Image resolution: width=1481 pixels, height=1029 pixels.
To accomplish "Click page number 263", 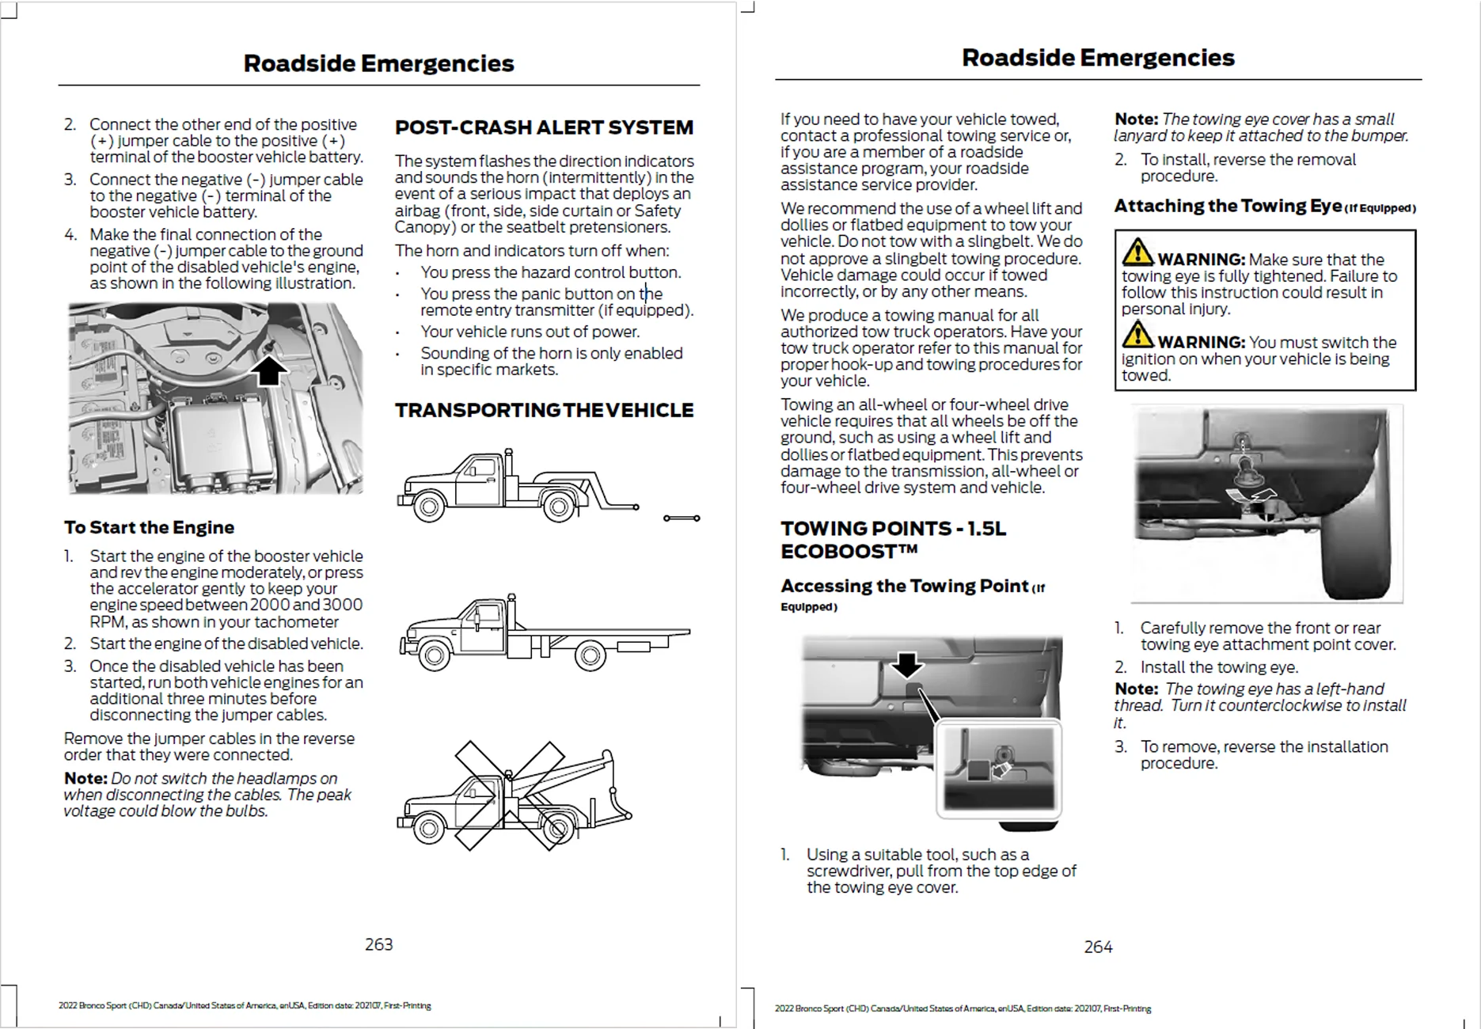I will (x=378, y=944).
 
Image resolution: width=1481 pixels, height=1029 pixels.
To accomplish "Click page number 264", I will (x=1098, y=947).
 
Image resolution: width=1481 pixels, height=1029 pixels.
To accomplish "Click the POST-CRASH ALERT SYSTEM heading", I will (x=544, y=127).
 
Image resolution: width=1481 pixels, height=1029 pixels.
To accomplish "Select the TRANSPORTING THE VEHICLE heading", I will (x=544, y=410).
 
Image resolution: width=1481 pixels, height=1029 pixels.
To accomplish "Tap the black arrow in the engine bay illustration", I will (x=269, y=370).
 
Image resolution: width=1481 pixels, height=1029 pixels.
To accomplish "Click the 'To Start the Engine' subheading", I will (x=149, y=527).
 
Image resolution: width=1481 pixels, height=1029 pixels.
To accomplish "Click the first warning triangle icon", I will (x=1137, y=253).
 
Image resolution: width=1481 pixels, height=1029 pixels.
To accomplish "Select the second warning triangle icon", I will (x=1137, y=336).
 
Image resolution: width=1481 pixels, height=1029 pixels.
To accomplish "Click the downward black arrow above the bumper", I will (x=907, y=665).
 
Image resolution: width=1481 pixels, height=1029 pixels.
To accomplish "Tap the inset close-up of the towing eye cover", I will (x=999, y=768).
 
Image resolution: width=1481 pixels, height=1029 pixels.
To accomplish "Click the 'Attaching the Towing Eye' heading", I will (x=1228, y=206).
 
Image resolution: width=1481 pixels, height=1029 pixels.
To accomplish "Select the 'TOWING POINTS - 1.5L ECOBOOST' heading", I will (x=893, y=540).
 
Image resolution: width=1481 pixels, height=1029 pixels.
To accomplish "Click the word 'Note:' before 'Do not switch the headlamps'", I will (x=85, y=778).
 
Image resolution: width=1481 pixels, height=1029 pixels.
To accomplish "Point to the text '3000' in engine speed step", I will (x=343, y=605).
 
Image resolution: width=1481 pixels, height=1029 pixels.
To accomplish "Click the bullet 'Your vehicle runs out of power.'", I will (x=530, y=332).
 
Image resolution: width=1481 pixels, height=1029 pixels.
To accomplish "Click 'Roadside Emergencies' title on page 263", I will (x=378, y=63).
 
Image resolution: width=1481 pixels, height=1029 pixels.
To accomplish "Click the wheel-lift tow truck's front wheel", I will (x=428, y=507).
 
